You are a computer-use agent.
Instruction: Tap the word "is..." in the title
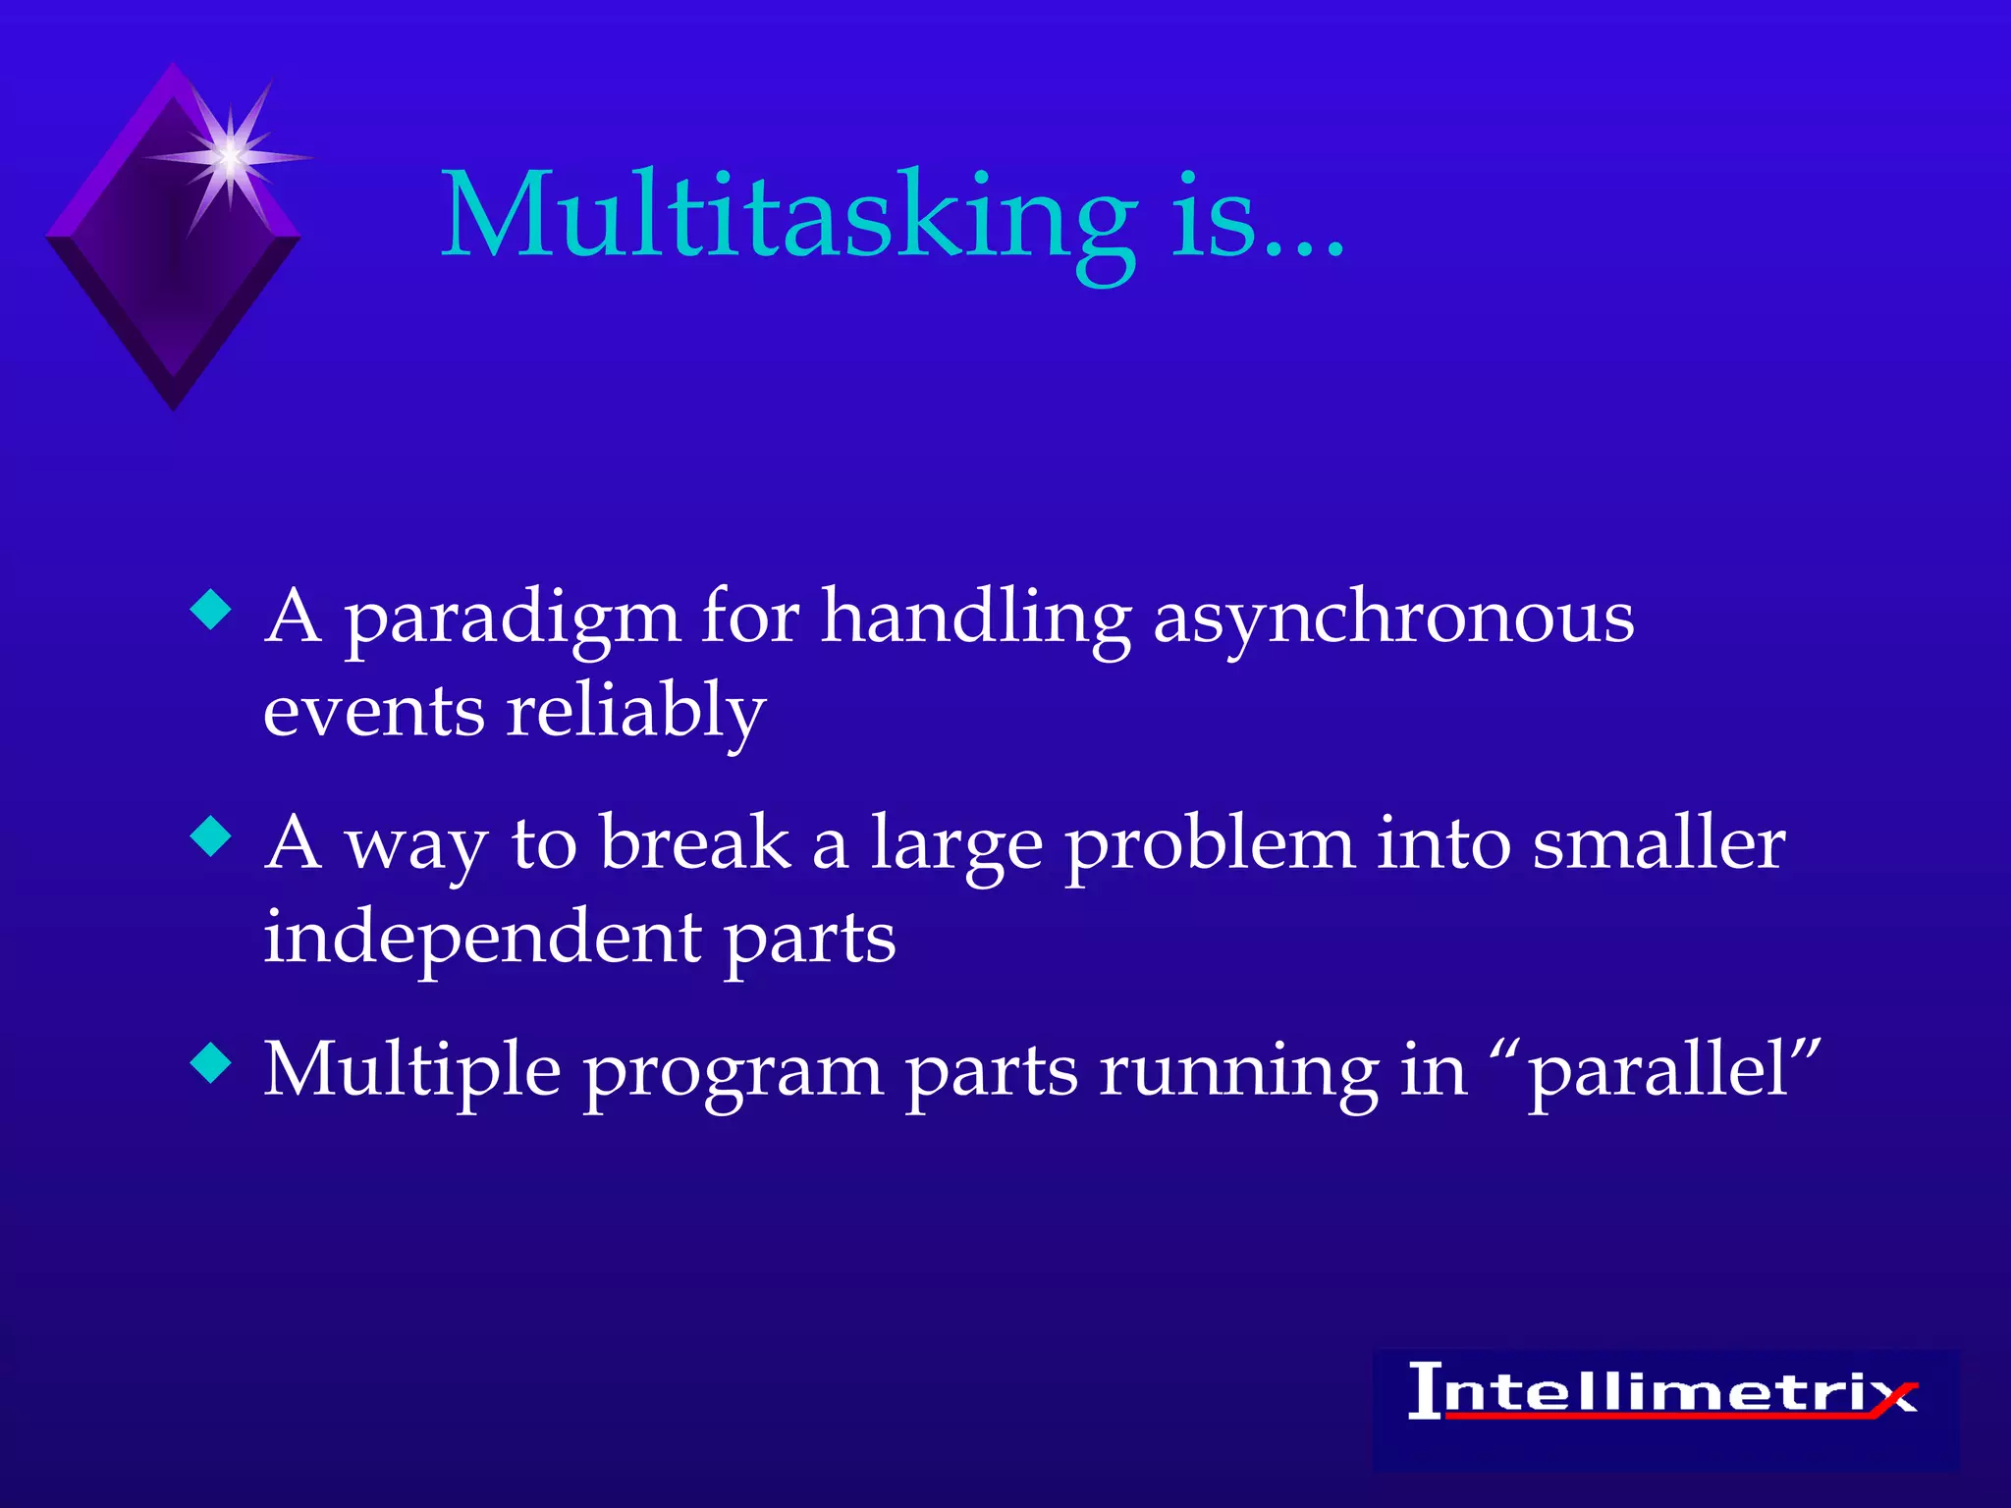coord(1258,218)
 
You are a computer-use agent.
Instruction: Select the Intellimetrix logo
coord(1663,1393)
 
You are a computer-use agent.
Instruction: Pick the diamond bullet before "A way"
coord(211,836)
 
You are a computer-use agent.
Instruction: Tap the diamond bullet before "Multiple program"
coord(211,1062)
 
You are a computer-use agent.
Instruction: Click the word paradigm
coord(512,620)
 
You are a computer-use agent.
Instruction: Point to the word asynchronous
coord(1393,620)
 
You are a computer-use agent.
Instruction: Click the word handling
coord(976,620)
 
